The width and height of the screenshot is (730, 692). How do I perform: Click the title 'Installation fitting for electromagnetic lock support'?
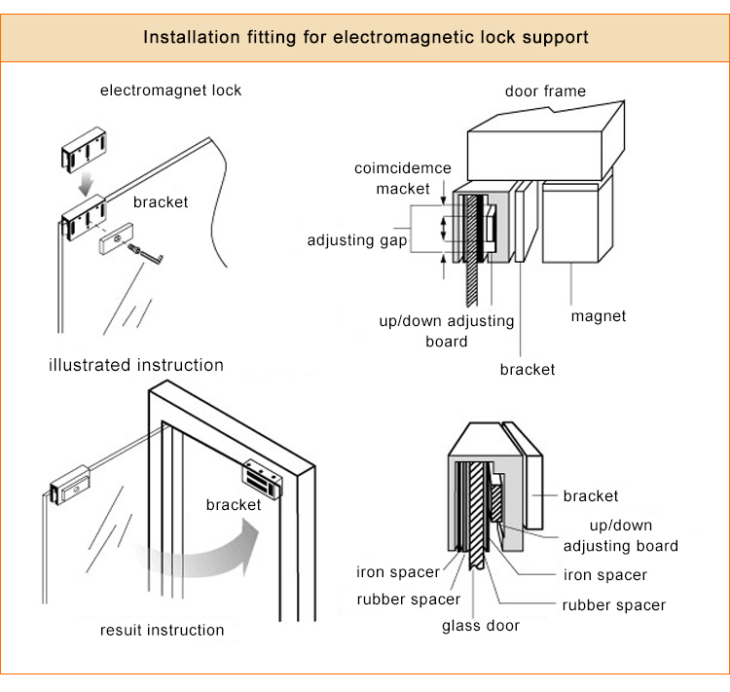pos(365,38)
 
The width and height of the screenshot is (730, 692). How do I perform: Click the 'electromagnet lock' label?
pos(170,91)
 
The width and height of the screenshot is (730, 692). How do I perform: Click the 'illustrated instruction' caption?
pos(136,366)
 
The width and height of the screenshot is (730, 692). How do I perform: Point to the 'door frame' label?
pos(545,91)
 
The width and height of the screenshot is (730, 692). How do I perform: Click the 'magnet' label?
pos(598,316)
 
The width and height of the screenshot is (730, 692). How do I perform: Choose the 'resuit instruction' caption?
pos(162,630)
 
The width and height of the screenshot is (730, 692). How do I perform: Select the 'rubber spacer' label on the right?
pos(613,605)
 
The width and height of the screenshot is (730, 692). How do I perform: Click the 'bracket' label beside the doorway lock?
pos(234,505)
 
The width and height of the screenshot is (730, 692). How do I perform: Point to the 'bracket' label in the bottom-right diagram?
pos(590,496)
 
